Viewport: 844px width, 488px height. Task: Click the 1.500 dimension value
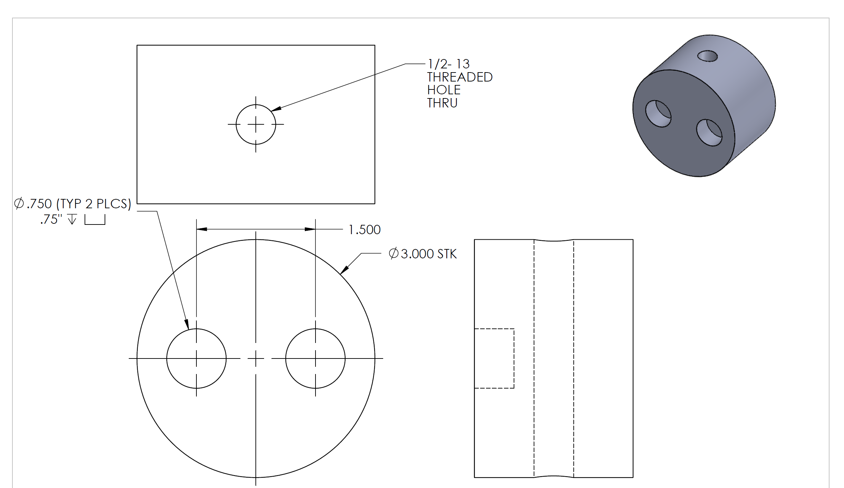click(365, 230)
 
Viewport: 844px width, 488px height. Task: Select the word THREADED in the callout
click(460, 77)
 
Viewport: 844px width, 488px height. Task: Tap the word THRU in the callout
click(442, 103)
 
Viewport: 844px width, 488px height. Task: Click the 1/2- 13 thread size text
click(448, 64)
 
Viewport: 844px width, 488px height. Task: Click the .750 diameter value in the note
click(39, 204)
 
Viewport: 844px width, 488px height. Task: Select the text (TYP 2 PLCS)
click(94, 204)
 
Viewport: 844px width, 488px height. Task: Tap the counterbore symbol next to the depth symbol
click(95, 220)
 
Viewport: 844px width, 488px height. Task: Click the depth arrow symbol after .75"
click(72, 219)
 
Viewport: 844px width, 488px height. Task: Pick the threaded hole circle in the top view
click(256, 105)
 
